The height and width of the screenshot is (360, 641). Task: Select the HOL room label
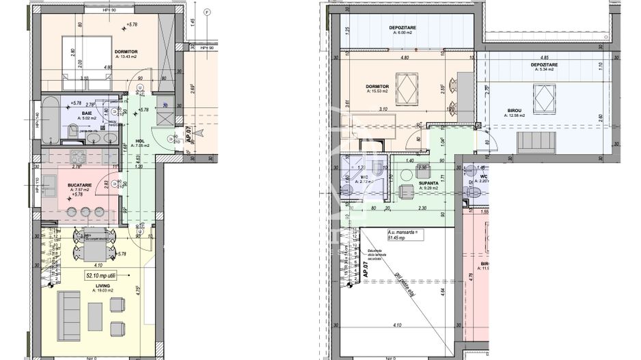(139, 141)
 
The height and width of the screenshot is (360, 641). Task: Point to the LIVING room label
(103, 287)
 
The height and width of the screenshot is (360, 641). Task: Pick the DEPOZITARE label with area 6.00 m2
(403, 27)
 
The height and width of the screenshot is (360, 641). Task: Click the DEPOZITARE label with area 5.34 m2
(543, 65)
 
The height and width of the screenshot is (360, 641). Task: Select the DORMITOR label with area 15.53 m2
(377, 87)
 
